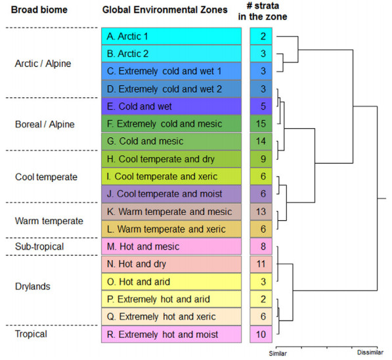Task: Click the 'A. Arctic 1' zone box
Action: tap(171, 36)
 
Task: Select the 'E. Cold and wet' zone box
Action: tap(171, 106)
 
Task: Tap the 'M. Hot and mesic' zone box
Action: tap(171, 246)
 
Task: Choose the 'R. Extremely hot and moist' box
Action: tap(171, 334)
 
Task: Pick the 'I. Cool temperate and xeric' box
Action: tap(171, 176)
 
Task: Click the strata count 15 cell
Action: tap(261, 124)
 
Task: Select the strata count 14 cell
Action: tap(261, 141)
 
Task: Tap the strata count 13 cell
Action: tap(261, 212)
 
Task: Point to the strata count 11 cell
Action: tap(261, 264)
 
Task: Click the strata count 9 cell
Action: tap(261, 159)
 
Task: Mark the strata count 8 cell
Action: tap(261, 246)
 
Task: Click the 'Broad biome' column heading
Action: tap(39, 10)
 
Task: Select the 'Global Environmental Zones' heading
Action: tap(165, 10)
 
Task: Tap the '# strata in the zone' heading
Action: tap(263, 11)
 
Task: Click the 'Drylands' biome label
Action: tap(33, 286)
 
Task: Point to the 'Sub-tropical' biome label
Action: tap(39, 246)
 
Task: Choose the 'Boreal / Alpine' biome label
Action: tap(45, 124)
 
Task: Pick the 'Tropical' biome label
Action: tap(31, 334)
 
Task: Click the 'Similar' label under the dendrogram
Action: tap(278, 353)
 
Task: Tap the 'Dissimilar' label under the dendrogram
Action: tap(370, 353)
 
